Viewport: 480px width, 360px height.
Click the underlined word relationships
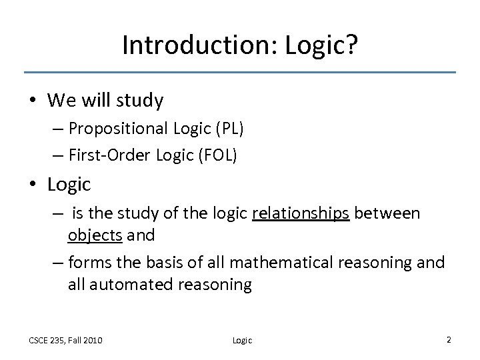point(301,213)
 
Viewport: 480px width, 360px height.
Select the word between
point(387,213)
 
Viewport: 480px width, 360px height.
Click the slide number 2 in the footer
point(449,340)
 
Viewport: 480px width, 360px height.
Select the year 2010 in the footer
point(91,341)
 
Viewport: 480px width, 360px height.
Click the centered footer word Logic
point(241,341)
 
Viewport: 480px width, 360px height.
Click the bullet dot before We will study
point(34,101)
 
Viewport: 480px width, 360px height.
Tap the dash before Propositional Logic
point(58,129)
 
